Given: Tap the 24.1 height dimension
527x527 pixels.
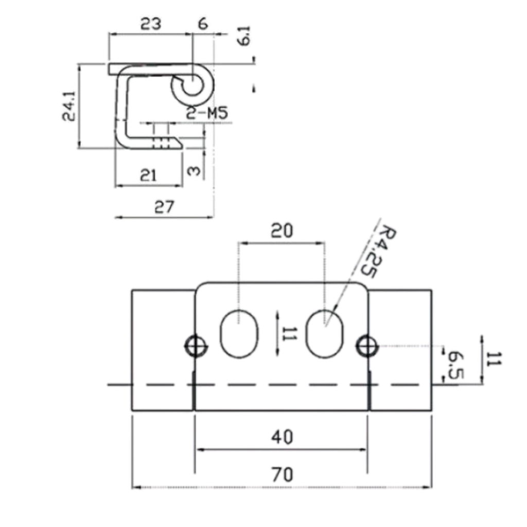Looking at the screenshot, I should coord(69,107).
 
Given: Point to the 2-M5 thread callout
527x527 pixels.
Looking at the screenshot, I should coord(207,113).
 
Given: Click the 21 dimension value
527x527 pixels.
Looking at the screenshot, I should coord(148,175).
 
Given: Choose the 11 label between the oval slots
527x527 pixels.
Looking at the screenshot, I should coord(289,335).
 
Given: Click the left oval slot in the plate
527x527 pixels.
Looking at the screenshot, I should coord(239,333).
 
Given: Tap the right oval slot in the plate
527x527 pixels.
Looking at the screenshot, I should coord(325,333).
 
